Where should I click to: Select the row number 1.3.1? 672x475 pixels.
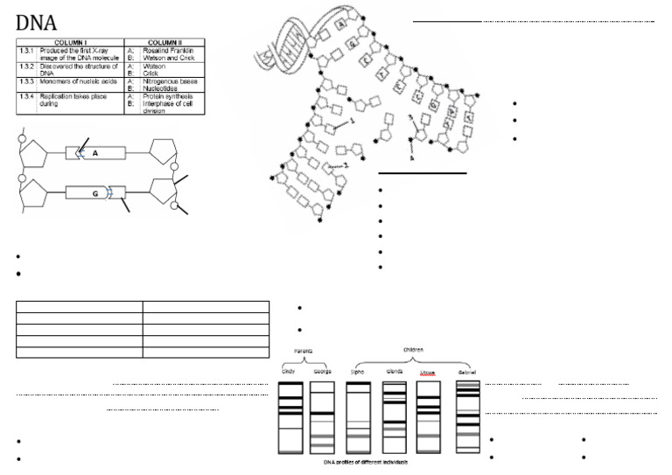[26, 51]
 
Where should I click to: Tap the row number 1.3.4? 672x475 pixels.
[26, 97]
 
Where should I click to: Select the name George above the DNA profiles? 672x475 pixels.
[321, 372]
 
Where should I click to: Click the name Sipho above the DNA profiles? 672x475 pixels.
[358, 372]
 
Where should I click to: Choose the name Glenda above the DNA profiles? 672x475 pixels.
[395, 372]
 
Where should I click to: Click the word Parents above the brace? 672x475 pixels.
[304, 351]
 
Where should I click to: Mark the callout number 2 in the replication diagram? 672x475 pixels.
[346, 164]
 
